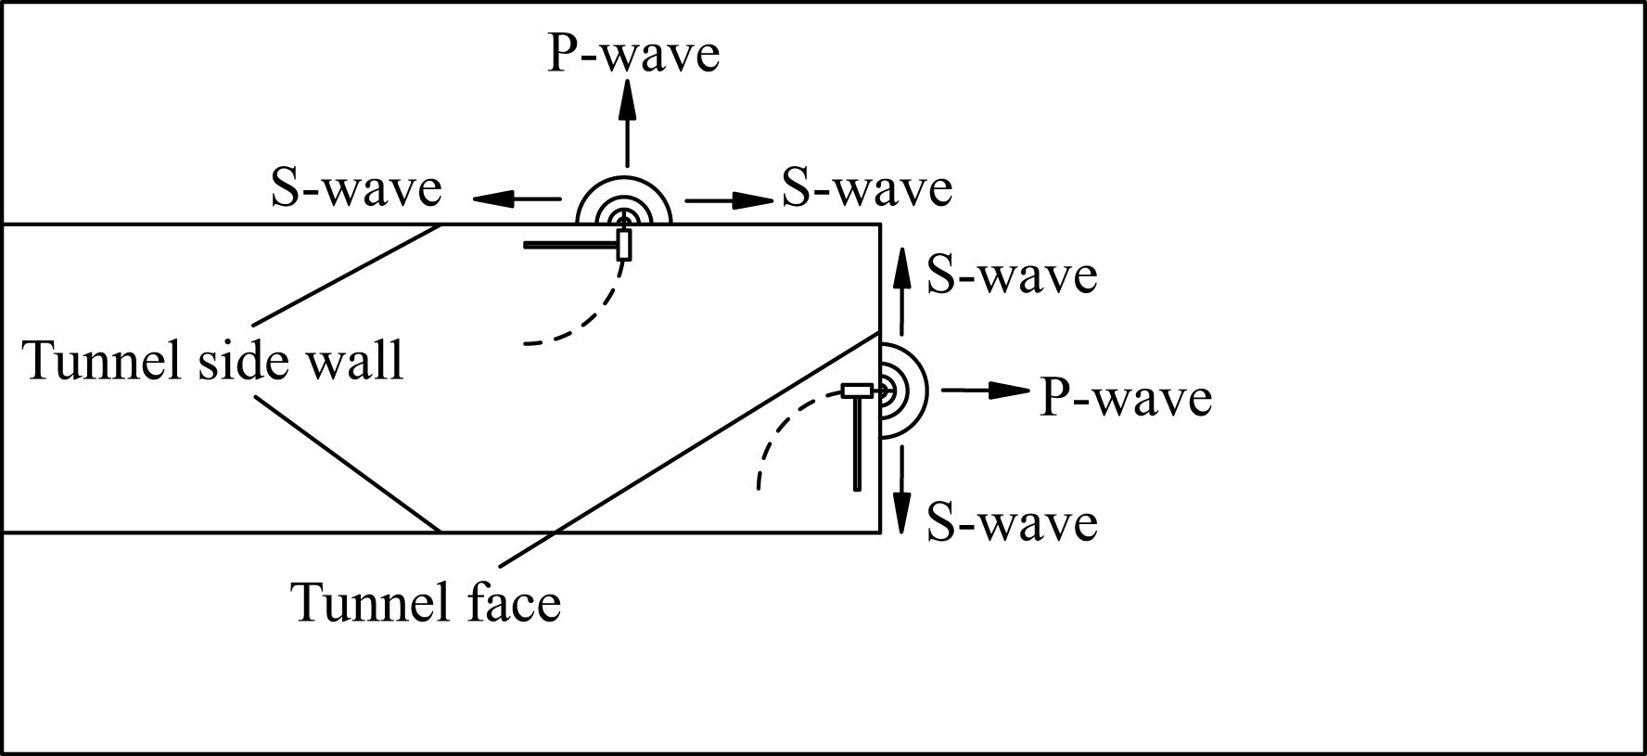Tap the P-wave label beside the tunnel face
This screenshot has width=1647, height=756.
tap(1125, 397)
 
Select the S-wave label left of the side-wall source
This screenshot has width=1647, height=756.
tap(356, 188)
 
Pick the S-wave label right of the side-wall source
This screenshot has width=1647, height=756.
tap(866, 188)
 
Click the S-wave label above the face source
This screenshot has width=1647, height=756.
tap(1012, 275)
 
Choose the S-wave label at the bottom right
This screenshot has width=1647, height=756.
tap(1012, 522)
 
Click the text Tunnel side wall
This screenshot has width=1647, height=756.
tap(213, 360)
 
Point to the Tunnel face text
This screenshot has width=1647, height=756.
tap(427, 602)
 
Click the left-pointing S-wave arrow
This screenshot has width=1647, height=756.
tap(516, 199)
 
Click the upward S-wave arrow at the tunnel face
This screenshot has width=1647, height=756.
tap(900, 288)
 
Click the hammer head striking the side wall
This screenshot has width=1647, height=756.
tap(624, 244)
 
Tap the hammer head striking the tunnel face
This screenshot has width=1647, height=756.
tap(858, 391)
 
